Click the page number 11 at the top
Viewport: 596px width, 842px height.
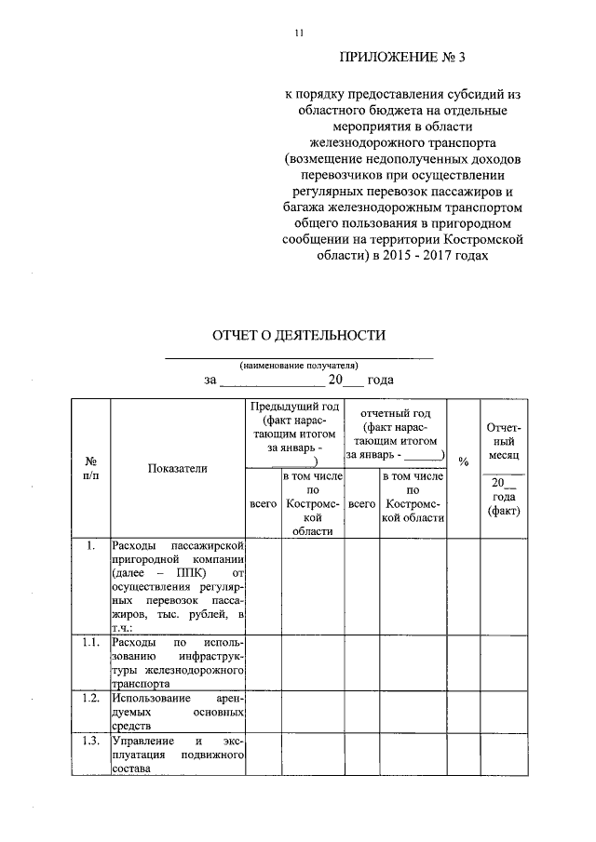(x=298, y=33)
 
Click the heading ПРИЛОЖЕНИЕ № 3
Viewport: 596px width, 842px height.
(x=401, y=59)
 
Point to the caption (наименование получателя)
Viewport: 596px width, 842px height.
(x=299, y=365)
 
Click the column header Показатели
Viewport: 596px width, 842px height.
(x=178, y=468)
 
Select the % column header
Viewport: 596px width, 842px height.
(x=464, y=461)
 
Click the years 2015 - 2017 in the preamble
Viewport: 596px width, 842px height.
(x=438, y=255)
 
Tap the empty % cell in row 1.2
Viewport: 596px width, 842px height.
(x=464, y=711)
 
